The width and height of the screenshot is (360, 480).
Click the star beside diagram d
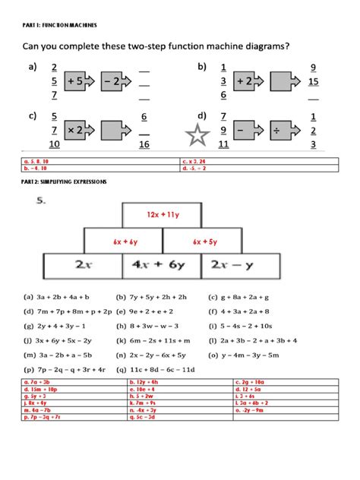click(197, 137)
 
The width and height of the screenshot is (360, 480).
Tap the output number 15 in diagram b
click(314, 81)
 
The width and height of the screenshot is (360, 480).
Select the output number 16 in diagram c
click(144, 144)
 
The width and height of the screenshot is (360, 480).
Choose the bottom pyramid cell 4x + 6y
click(161, 267)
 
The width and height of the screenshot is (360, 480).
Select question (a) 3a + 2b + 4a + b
click(58, 298)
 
